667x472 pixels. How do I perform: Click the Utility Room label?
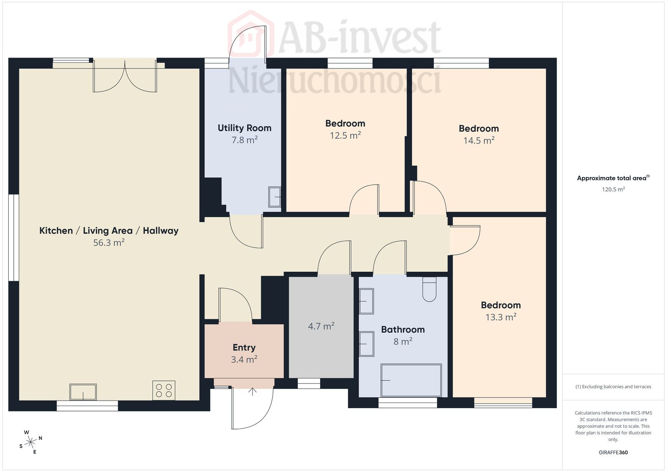tap(244, 128)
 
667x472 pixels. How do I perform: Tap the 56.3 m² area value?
tap(109, 242)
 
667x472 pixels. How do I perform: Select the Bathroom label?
tap(403, 329)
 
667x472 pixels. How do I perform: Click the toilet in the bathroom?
tap(429, 289)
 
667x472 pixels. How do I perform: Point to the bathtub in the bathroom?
tap(411, 380)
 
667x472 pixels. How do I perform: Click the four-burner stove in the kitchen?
tap(164, 390)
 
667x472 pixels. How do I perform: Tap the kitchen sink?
tap(83, 392)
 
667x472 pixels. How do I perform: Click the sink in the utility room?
tap(275, 197)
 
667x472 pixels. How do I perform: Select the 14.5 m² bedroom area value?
tap(479, 140)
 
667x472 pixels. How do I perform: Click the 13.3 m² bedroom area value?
tap(501, 317)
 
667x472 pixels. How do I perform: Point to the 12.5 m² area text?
tap(345, 135)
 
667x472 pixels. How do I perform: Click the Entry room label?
tap(244, 347)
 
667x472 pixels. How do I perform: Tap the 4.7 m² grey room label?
tap(321, 326)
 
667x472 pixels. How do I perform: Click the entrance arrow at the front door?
tap(252, 391)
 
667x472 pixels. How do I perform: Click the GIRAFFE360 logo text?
tap(613, 452)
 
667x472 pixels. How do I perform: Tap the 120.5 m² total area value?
tap(613, 189)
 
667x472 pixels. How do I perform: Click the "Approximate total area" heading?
tap(613, 178)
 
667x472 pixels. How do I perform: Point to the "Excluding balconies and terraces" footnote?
tap(613, 387)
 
